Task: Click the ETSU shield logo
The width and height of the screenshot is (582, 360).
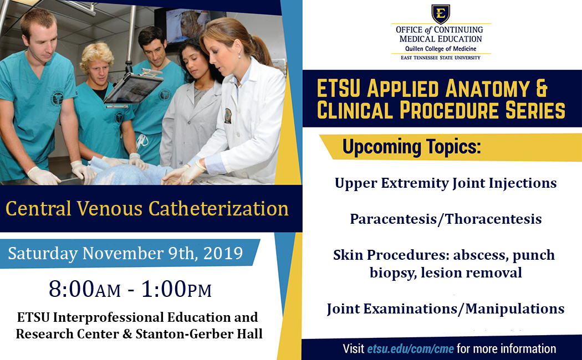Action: pyautogui.click(x=441, y=14)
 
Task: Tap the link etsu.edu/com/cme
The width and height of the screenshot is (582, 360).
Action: pyautogui.click(x=411, y=349)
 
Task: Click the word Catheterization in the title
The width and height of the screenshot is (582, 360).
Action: pyautogui.click(x=218, y=208)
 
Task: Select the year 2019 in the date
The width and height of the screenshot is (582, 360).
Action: pyautogui.click(x=223, y=253)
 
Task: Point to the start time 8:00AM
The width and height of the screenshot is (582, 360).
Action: pyautogui.click(x=85, y=289)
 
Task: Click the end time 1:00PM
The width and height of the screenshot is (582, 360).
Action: pyautogui.click(x=177, y=289)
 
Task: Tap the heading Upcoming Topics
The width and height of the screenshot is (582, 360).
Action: pyautogui.click(x=412, y=146)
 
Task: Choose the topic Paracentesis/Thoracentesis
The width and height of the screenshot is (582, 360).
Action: pyautogui.click(x=446, y=219)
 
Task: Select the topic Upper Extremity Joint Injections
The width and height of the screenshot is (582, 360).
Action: pyautogui.click(x=446, y=183)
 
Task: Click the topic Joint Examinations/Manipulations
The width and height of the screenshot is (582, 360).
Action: pyautogui.click(x=446, y=308)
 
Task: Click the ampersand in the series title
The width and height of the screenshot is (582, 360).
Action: pyautogui.click(x=542, y=89)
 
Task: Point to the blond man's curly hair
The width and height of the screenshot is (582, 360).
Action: pyautogui.click(x=97, y=55)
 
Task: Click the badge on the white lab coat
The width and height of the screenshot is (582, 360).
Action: pyautogui.click(x=228, y=116)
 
